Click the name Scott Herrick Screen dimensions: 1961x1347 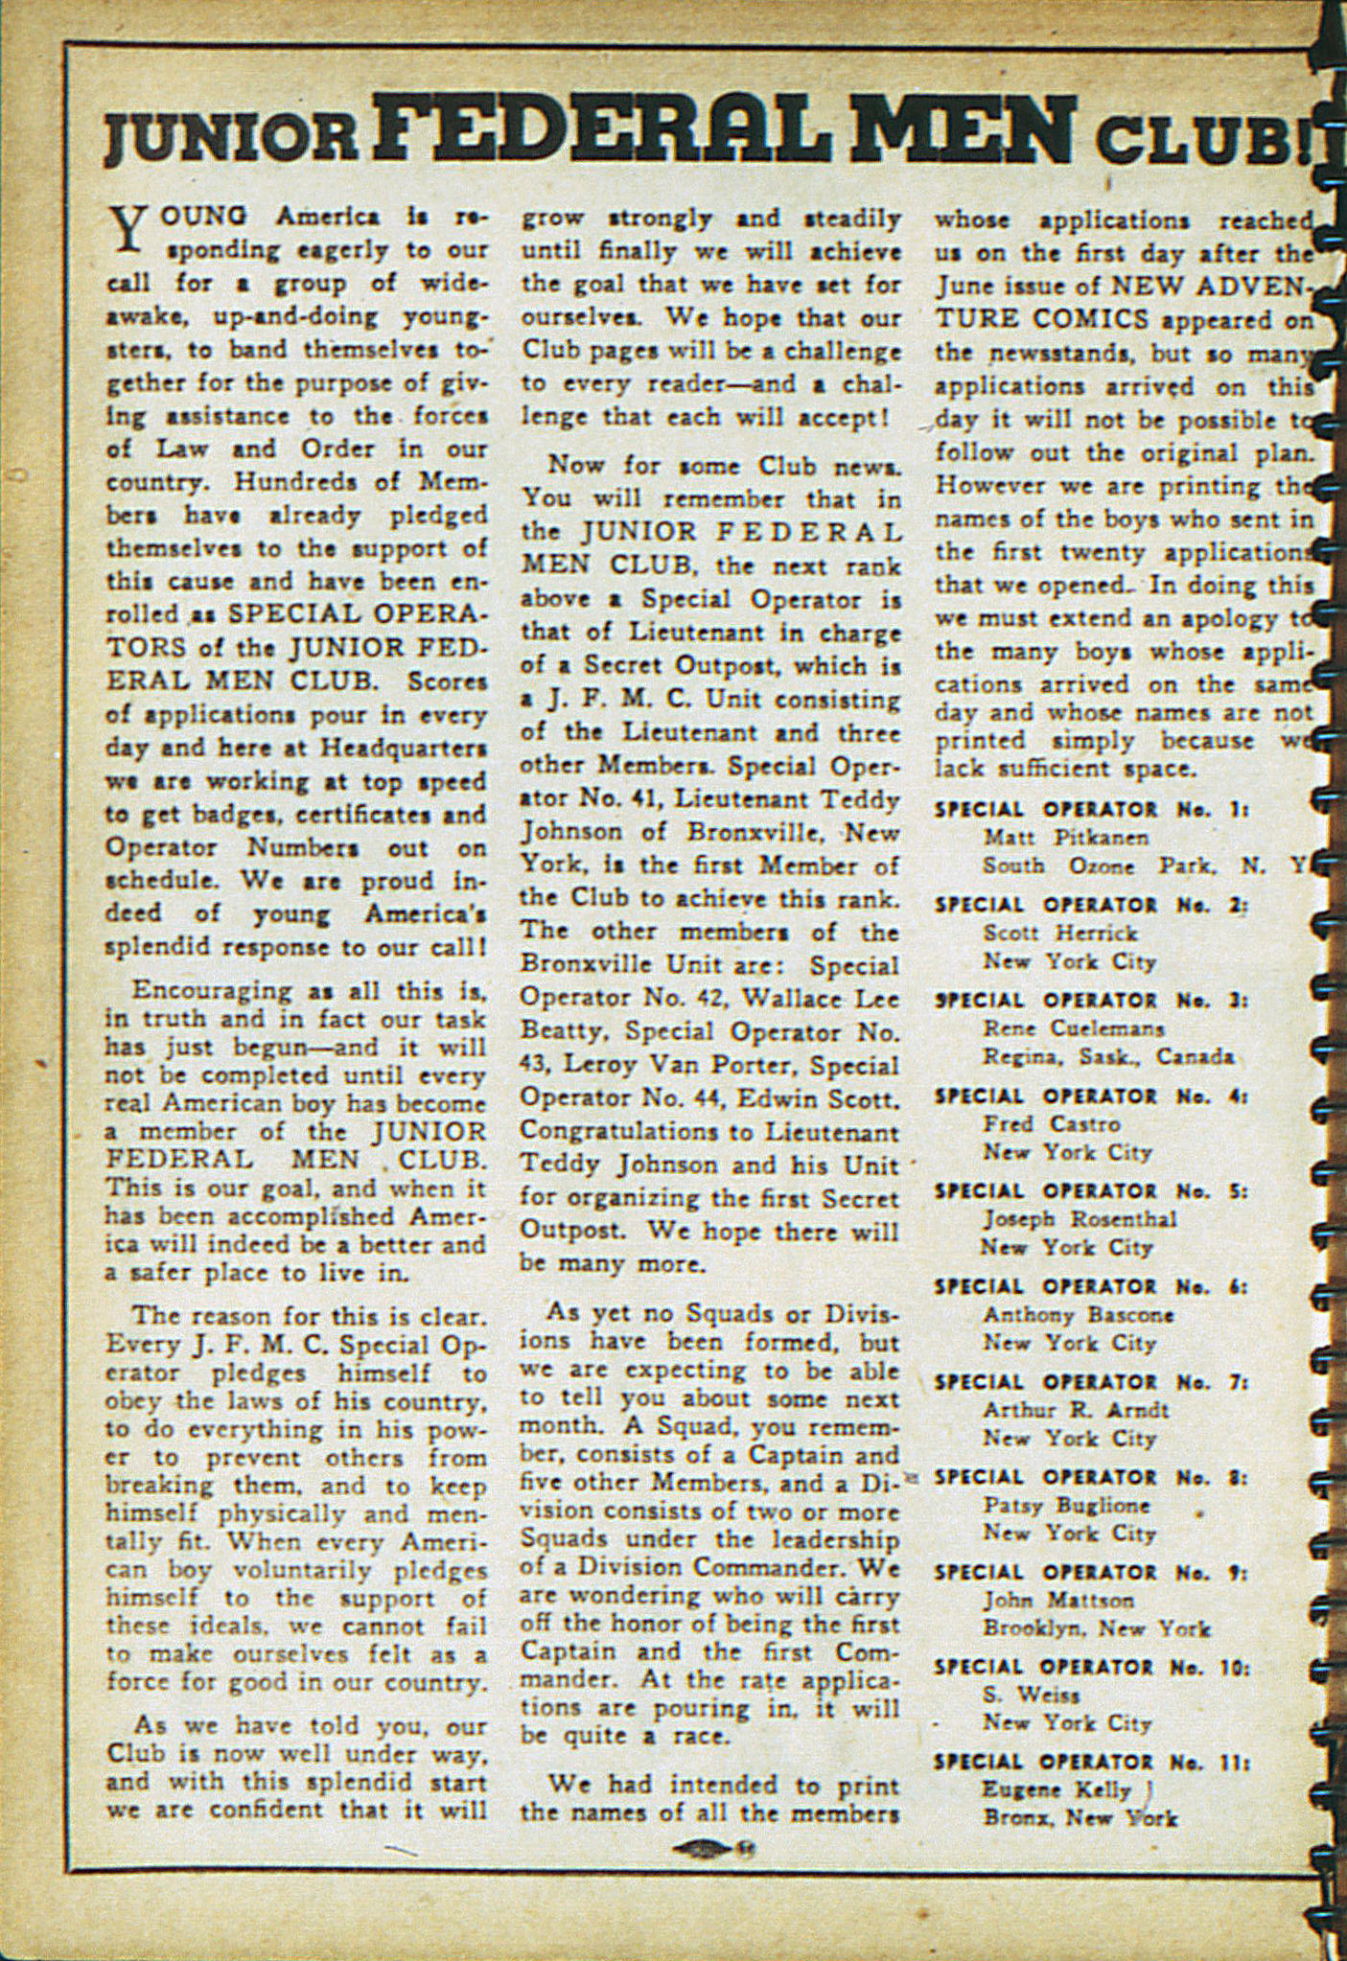(1059, 933)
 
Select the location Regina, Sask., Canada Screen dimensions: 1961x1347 (1107, 1057)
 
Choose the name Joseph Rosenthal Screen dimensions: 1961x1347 (1079, 1219)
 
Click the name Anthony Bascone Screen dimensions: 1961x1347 (1079, 1315)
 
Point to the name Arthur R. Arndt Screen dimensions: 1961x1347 (1076, 1410)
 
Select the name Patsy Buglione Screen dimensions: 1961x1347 (1066, 1505)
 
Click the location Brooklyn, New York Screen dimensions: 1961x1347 (1096, 1628)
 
